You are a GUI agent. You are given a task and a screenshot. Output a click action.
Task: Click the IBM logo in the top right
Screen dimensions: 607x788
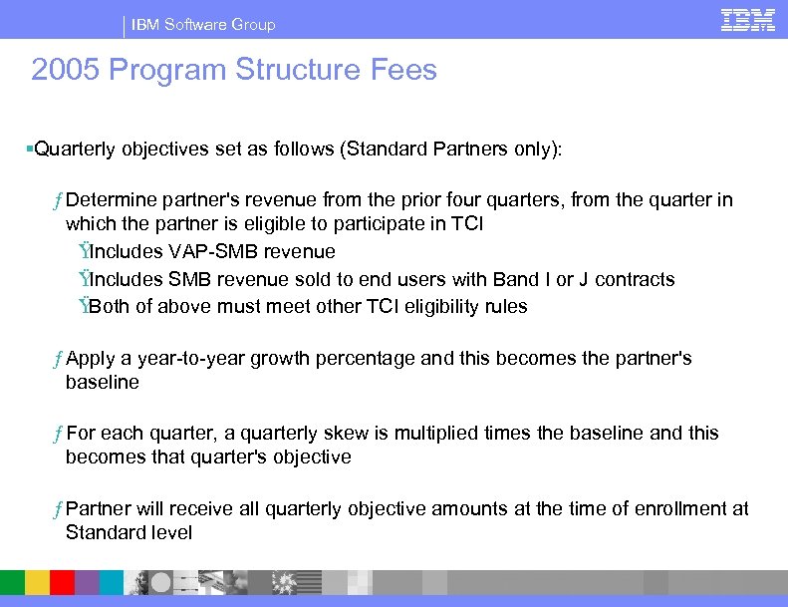click(747, 20)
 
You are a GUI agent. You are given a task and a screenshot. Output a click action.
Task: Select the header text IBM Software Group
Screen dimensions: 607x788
click(203, 24)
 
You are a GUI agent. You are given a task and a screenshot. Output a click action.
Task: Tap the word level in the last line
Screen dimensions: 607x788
click(173, 533)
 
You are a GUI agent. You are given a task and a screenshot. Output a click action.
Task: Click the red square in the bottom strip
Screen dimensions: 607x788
click(62, 582)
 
